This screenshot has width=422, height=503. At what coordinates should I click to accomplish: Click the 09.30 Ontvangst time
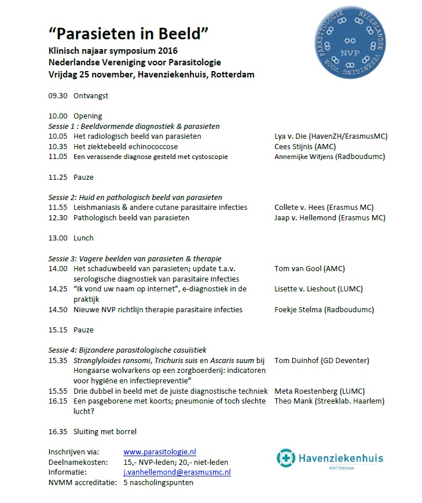tap(58, 96)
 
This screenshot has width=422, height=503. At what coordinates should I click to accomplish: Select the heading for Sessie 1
tap(134, 126)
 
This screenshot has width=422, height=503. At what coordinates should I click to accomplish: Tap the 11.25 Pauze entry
tap(71, 177)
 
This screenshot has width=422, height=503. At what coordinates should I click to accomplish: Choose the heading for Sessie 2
tap(135, 197)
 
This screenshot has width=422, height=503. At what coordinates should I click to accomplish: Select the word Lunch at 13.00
tap(83, 238)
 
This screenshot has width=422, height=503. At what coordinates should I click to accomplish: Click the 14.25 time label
tap(58, 289)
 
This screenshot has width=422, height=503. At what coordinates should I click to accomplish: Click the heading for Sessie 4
tap(127, 350)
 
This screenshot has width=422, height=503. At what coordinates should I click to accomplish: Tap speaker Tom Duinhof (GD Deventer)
tap(321, 360)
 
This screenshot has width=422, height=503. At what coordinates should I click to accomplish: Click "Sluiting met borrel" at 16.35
tap(105, 431)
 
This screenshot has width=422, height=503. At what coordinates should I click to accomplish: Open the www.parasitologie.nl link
tap(160, 452)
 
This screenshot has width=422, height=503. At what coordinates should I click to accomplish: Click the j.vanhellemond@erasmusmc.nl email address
tap(177, 472)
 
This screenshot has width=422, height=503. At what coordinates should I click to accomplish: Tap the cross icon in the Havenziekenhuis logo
tap(285, 458)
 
